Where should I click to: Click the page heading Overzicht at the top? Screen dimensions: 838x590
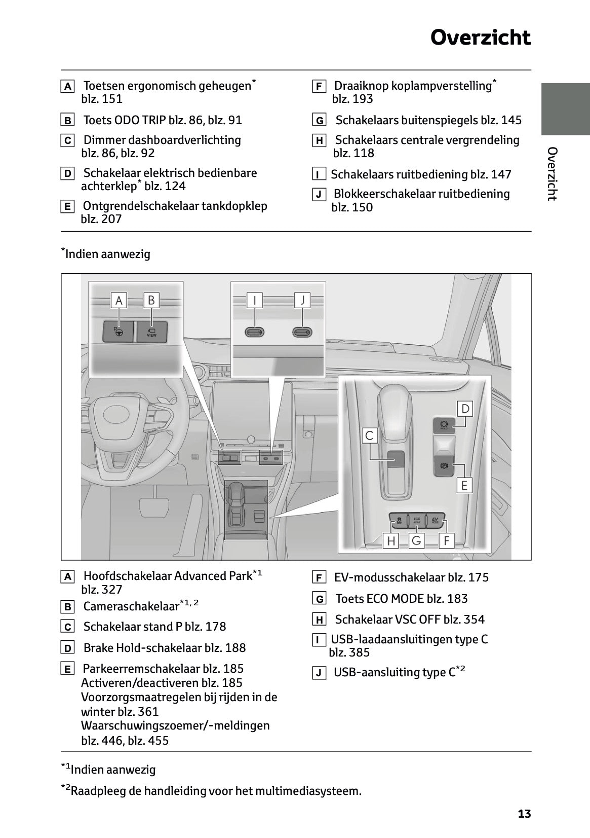480,38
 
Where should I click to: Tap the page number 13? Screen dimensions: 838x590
524,814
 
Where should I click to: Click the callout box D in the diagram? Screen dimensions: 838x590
464,409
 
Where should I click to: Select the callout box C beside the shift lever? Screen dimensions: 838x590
369,435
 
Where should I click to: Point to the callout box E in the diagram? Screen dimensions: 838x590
464,485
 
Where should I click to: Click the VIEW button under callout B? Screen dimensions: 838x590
151,332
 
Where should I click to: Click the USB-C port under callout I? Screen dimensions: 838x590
254,332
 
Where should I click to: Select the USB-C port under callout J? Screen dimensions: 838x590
302,332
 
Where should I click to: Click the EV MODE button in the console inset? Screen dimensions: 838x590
435,520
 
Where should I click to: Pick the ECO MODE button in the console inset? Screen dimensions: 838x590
417,520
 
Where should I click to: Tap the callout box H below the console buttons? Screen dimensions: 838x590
391,541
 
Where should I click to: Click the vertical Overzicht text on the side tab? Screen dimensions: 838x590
553,173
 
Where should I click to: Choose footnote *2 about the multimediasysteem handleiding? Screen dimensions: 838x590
211,790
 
